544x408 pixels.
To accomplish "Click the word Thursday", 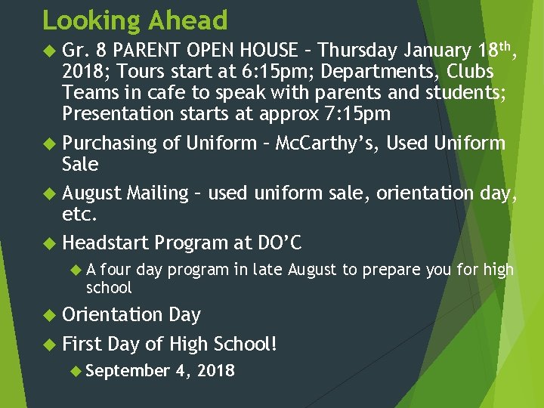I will point(358,51).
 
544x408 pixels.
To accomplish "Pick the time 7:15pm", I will point(353,114).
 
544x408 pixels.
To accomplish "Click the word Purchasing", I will point(110,144).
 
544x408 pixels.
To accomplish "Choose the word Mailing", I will point(157,193).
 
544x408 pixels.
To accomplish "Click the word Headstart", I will point(105,243).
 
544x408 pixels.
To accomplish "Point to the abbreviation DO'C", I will point(280,243).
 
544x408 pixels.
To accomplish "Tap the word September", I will point(129,370).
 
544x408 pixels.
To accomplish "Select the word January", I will point(438,51).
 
